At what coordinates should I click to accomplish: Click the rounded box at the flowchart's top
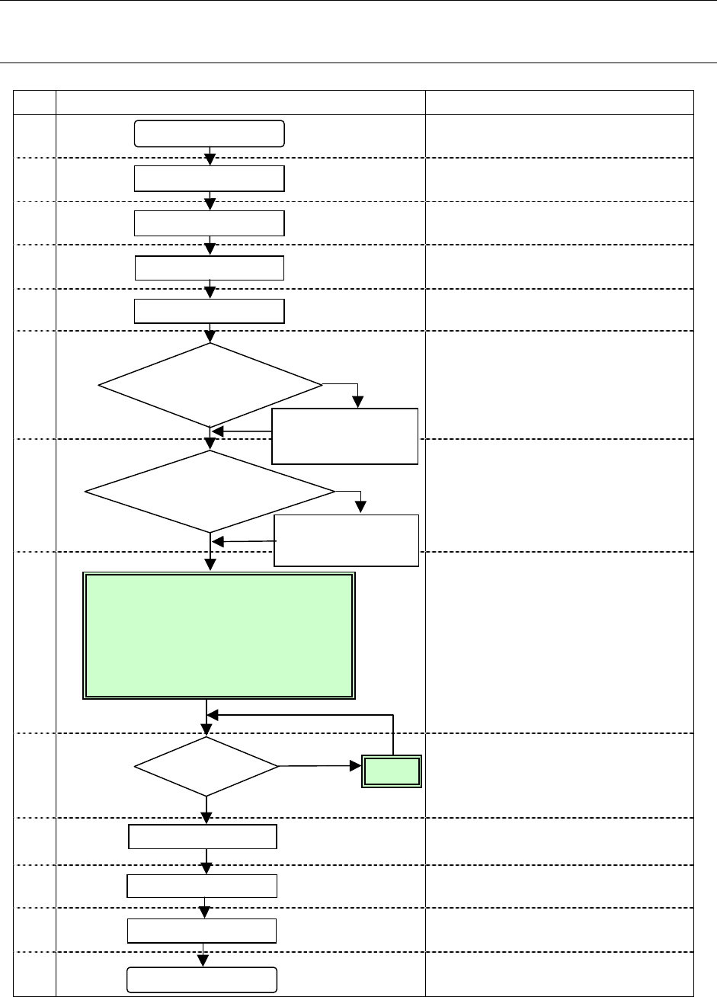210,133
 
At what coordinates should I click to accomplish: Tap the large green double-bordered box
219,636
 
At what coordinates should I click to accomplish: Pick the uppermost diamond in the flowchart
210,385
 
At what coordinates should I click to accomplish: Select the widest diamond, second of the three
210,492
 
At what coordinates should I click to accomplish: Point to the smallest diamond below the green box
206,765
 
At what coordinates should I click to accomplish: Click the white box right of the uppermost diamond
345,436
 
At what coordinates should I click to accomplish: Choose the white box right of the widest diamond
347,540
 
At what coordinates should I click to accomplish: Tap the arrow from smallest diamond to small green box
320,765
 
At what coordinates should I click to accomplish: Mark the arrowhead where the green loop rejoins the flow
213,715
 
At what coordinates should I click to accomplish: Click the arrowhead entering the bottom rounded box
203,962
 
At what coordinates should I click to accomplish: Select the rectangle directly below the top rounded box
210,178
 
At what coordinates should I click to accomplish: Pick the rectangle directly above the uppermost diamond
210,312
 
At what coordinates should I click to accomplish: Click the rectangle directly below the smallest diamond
202,836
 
